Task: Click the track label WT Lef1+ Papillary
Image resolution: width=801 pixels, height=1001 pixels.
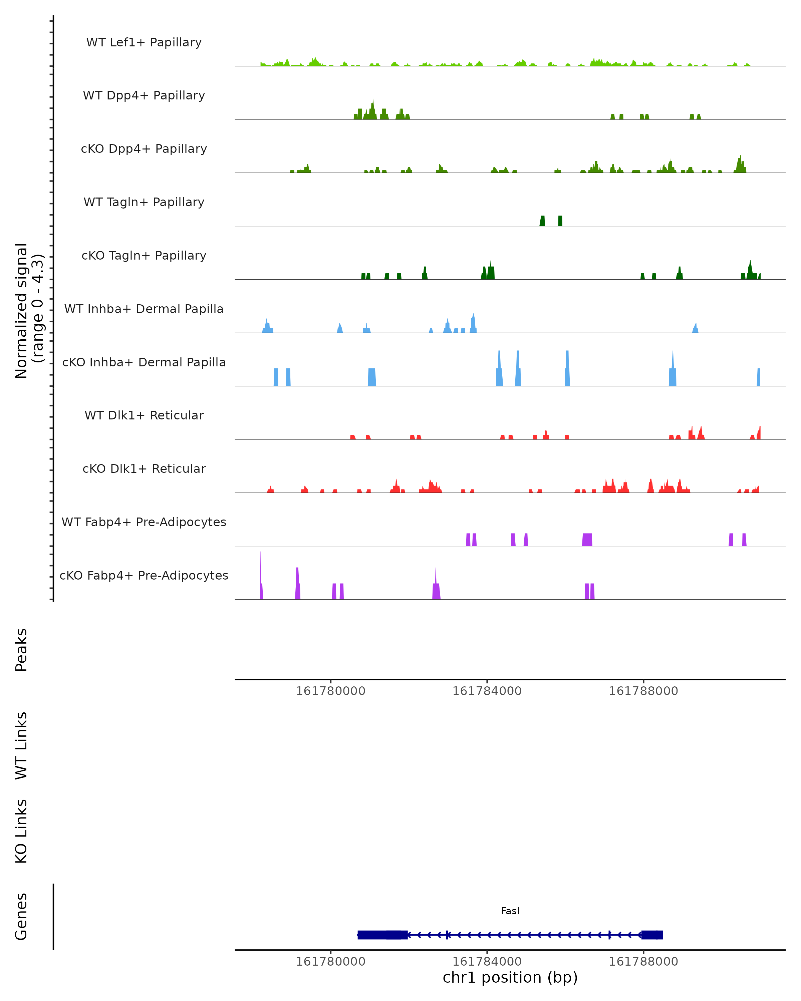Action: (144, 42)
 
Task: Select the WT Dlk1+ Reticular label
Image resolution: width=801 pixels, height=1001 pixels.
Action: (144, 415)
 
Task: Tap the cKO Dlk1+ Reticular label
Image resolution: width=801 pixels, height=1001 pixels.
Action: (144, 468)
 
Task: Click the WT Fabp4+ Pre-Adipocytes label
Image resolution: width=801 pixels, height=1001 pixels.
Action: (144, 522)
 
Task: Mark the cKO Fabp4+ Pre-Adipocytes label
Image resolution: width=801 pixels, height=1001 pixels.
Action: (144, 575)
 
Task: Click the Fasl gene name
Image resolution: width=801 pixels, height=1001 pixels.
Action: (510, 911)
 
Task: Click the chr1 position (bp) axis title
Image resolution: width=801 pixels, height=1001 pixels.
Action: (510, 977)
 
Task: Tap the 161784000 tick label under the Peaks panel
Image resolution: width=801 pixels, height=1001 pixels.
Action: (487, 691)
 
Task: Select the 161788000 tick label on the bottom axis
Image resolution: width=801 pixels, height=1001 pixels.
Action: (643, 962)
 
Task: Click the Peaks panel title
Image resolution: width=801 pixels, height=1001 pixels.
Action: (21, 650)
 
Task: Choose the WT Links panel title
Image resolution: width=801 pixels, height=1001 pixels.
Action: (21, 745)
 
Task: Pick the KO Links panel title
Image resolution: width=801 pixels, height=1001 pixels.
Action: (21, 831)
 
